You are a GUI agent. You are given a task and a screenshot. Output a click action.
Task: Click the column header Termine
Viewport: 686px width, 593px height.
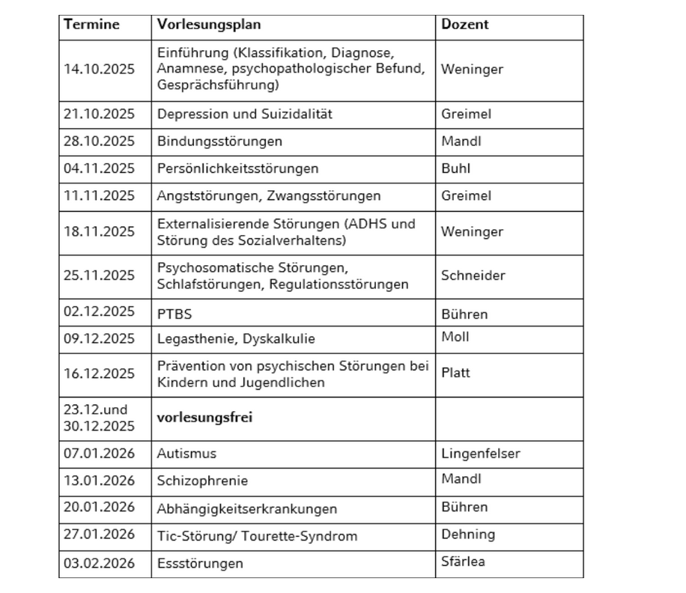tap(91, 24)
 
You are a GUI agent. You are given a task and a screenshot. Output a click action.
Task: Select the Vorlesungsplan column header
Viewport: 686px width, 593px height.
tap(209, 24)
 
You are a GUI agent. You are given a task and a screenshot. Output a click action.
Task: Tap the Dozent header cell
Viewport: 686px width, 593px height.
tap(464, 24)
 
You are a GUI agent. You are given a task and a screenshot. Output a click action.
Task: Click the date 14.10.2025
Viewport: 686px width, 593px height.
tap(99, 69)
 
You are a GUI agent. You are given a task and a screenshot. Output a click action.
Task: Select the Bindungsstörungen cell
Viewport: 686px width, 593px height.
tap(219, 142)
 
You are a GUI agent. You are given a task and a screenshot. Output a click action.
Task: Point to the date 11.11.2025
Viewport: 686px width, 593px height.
tap(99, 195)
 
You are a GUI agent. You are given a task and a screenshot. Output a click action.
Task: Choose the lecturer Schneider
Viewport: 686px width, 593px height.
tap(473, 275)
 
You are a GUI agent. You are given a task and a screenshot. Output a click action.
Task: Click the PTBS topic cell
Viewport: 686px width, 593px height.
tap(174, 314)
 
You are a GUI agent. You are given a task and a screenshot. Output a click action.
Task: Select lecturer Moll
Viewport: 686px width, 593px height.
tap(455, 336)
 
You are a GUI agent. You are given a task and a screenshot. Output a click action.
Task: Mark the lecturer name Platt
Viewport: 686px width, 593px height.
tap(455, 372)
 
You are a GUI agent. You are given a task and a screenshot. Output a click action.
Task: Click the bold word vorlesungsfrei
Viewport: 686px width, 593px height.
tap(204, 418)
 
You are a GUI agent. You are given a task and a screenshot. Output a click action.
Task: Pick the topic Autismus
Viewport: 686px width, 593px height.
tap(186, 454)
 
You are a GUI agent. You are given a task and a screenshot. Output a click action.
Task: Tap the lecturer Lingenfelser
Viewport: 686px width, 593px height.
tap(480, 453)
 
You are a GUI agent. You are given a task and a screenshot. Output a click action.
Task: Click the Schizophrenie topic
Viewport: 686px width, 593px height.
tap(202, 481)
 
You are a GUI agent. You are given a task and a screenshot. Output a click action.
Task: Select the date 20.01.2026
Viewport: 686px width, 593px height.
tap(99, 507)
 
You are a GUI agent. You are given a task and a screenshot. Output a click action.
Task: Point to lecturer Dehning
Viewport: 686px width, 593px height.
tap(468, 534)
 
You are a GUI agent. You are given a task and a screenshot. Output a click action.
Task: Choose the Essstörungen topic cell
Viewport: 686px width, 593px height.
tap(200, 563)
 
